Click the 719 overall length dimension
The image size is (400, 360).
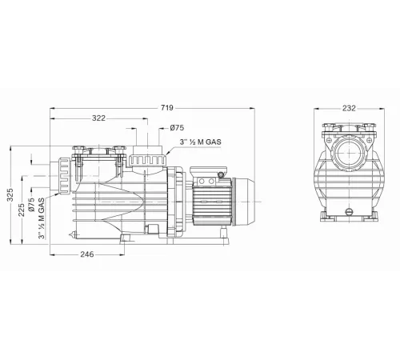[x=169, y=106]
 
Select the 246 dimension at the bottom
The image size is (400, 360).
[x=87, y=254]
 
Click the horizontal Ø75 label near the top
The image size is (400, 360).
[x=178, y=128]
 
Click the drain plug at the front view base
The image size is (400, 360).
[x=348, y=210]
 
